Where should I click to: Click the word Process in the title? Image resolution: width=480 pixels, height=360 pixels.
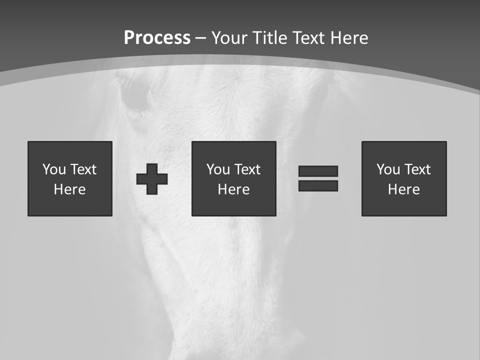157,37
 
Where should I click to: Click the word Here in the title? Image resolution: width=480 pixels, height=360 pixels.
350,37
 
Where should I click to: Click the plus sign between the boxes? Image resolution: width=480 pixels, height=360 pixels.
152,179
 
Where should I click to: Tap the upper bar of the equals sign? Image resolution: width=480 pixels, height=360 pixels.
318,171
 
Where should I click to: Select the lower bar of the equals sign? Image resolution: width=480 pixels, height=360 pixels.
318,185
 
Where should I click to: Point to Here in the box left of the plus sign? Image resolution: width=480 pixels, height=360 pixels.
70,189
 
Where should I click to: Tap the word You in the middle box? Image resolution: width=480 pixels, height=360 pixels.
218,169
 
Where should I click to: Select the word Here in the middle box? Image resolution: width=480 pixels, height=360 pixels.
234,189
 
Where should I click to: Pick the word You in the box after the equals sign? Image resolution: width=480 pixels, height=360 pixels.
388,169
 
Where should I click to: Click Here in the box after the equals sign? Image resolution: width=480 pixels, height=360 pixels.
404,189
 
